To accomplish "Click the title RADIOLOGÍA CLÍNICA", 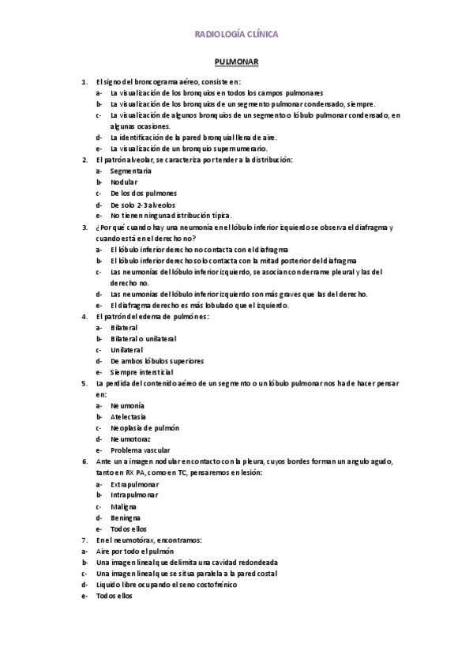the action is point(236,35).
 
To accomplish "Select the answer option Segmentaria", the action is point(131,171).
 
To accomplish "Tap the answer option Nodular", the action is point(124,182).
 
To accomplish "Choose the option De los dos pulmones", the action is point(144,193).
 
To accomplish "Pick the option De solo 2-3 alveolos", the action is point(142,204).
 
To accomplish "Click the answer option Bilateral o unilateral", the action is point(144,338).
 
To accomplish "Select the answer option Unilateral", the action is point(128,349).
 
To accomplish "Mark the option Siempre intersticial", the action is point(141,371).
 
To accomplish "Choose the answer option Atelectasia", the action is point(129,416).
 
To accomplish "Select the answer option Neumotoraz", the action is point(130,438).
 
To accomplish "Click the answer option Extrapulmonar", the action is point(135,483).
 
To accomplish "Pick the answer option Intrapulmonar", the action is point(135,494).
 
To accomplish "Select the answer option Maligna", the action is point(124,506).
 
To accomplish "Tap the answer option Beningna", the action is point(126,517).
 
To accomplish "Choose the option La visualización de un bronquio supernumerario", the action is point(189,148).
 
